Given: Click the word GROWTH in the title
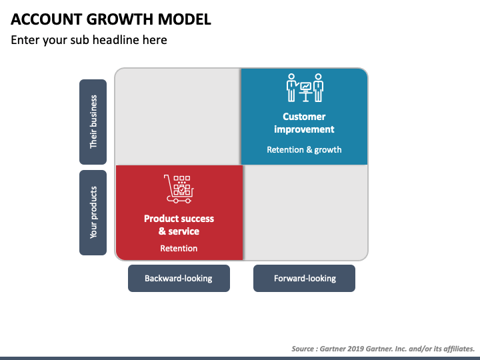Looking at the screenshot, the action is coord(119,19).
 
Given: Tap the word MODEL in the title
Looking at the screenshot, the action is coord(185,19).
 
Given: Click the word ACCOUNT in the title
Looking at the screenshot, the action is coord(46,19).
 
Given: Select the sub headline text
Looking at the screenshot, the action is coord(89,40).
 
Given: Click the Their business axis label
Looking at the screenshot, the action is coord(93,122).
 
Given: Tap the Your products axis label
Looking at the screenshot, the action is coord(93,213).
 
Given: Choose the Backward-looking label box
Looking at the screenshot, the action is coord(179,278).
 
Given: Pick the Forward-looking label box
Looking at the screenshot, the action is coord(304,278).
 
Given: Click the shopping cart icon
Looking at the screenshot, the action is coord(179,189).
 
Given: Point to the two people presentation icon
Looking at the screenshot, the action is coord(305,87).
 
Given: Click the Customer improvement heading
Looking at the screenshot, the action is coord(304,123).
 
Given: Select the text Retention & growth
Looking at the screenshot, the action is coord(304,150).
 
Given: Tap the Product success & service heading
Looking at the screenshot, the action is coord(179,225).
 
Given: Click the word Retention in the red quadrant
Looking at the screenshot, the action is coord(179,248).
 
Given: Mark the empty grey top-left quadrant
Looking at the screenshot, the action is coord(178,117).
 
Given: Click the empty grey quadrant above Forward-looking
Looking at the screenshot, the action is coord(305,213).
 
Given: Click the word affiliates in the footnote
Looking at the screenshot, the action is coord(459,349).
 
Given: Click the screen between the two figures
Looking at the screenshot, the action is coord(305,86).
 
